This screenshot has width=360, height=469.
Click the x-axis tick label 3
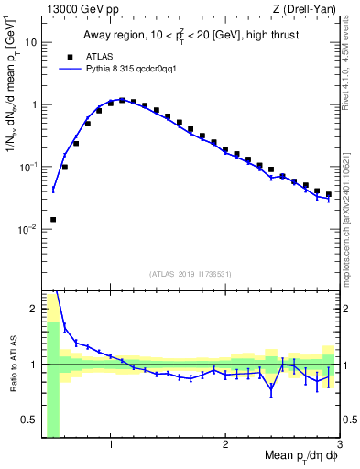tap(339, 446)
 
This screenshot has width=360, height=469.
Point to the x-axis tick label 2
tap(225, 446)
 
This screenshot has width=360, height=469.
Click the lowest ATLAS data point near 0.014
tap(53, 220)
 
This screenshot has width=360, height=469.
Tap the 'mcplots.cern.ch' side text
tap(351, 229)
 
